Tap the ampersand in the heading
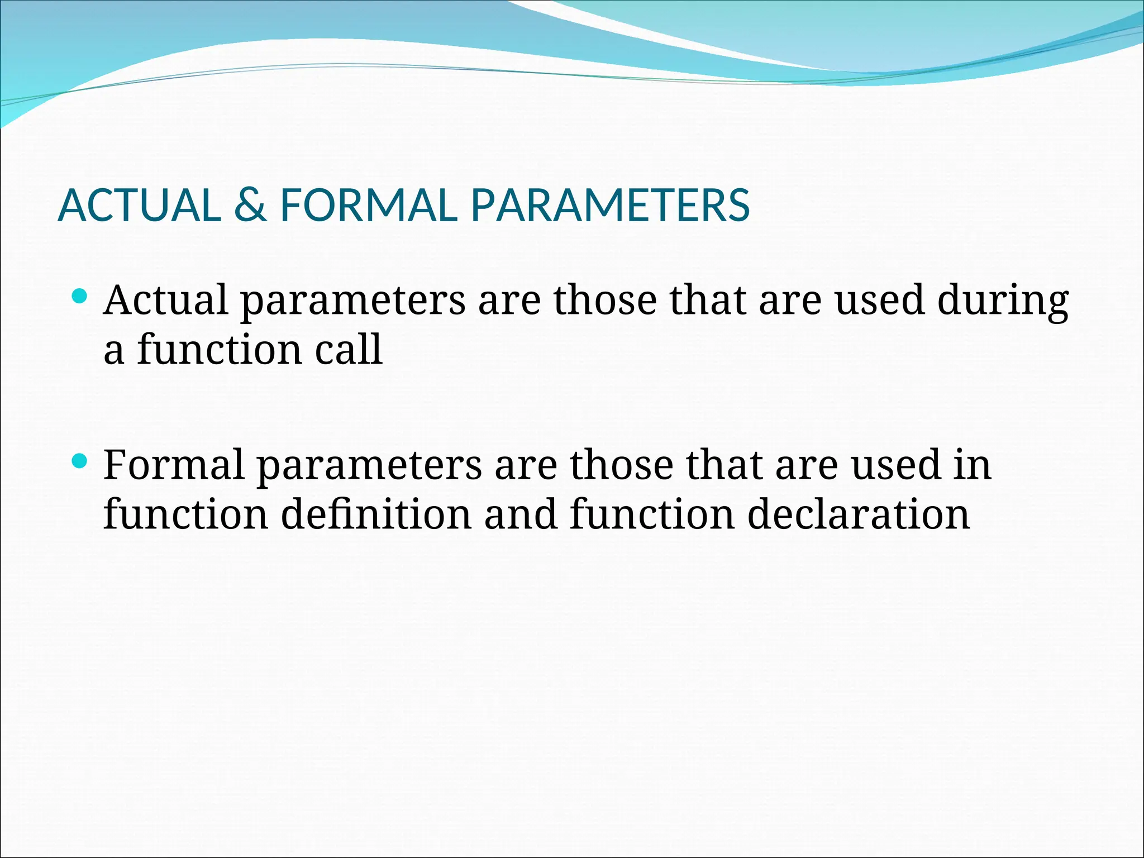coord(250,205)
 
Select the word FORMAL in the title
coord(369,205)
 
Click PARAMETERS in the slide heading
coord(610,205)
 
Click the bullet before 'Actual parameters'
coord(80,295)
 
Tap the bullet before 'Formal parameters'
coord(80,461)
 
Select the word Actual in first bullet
coord(166,300)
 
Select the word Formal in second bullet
coord(174,465)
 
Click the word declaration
coord(859,514)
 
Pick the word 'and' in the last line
coord(521,514)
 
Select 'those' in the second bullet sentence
coord(621,465)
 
